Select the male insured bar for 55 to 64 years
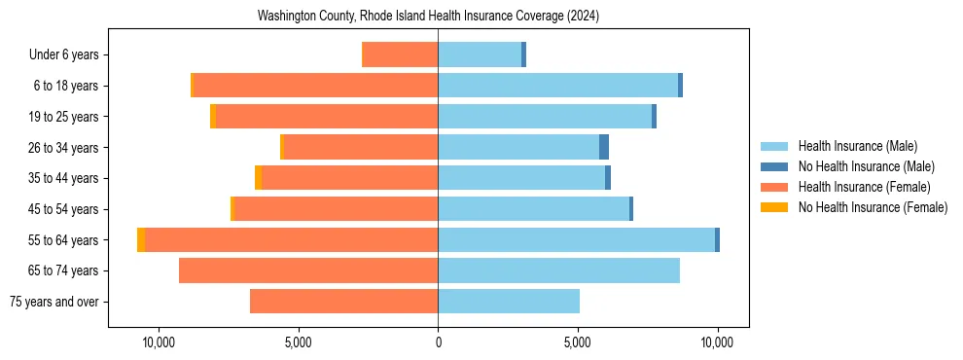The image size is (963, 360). click(576, 239)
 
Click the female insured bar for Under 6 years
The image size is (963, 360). click(400, 54)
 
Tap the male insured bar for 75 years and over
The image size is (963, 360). click(509, 302)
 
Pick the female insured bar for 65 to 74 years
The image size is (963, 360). click(308, 270)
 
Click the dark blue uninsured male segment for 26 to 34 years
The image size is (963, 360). click(604, 147)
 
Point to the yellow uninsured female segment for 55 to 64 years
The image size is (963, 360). click(141, 239)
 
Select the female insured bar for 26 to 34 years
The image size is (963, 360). click(361, 147)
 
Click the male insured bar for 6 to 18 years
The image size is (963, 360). click(557, 86)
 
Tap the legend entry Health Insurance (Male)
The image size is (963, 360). click(857, 146)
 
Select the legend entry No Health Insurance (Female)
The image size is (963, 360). click(873, 207)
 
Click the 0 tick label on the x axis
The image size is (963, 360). click(438, 342)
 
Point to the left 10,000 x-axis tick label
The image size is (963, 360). click(159, 342)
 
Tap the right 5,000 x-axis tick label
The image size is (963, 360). click(578, 342)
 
